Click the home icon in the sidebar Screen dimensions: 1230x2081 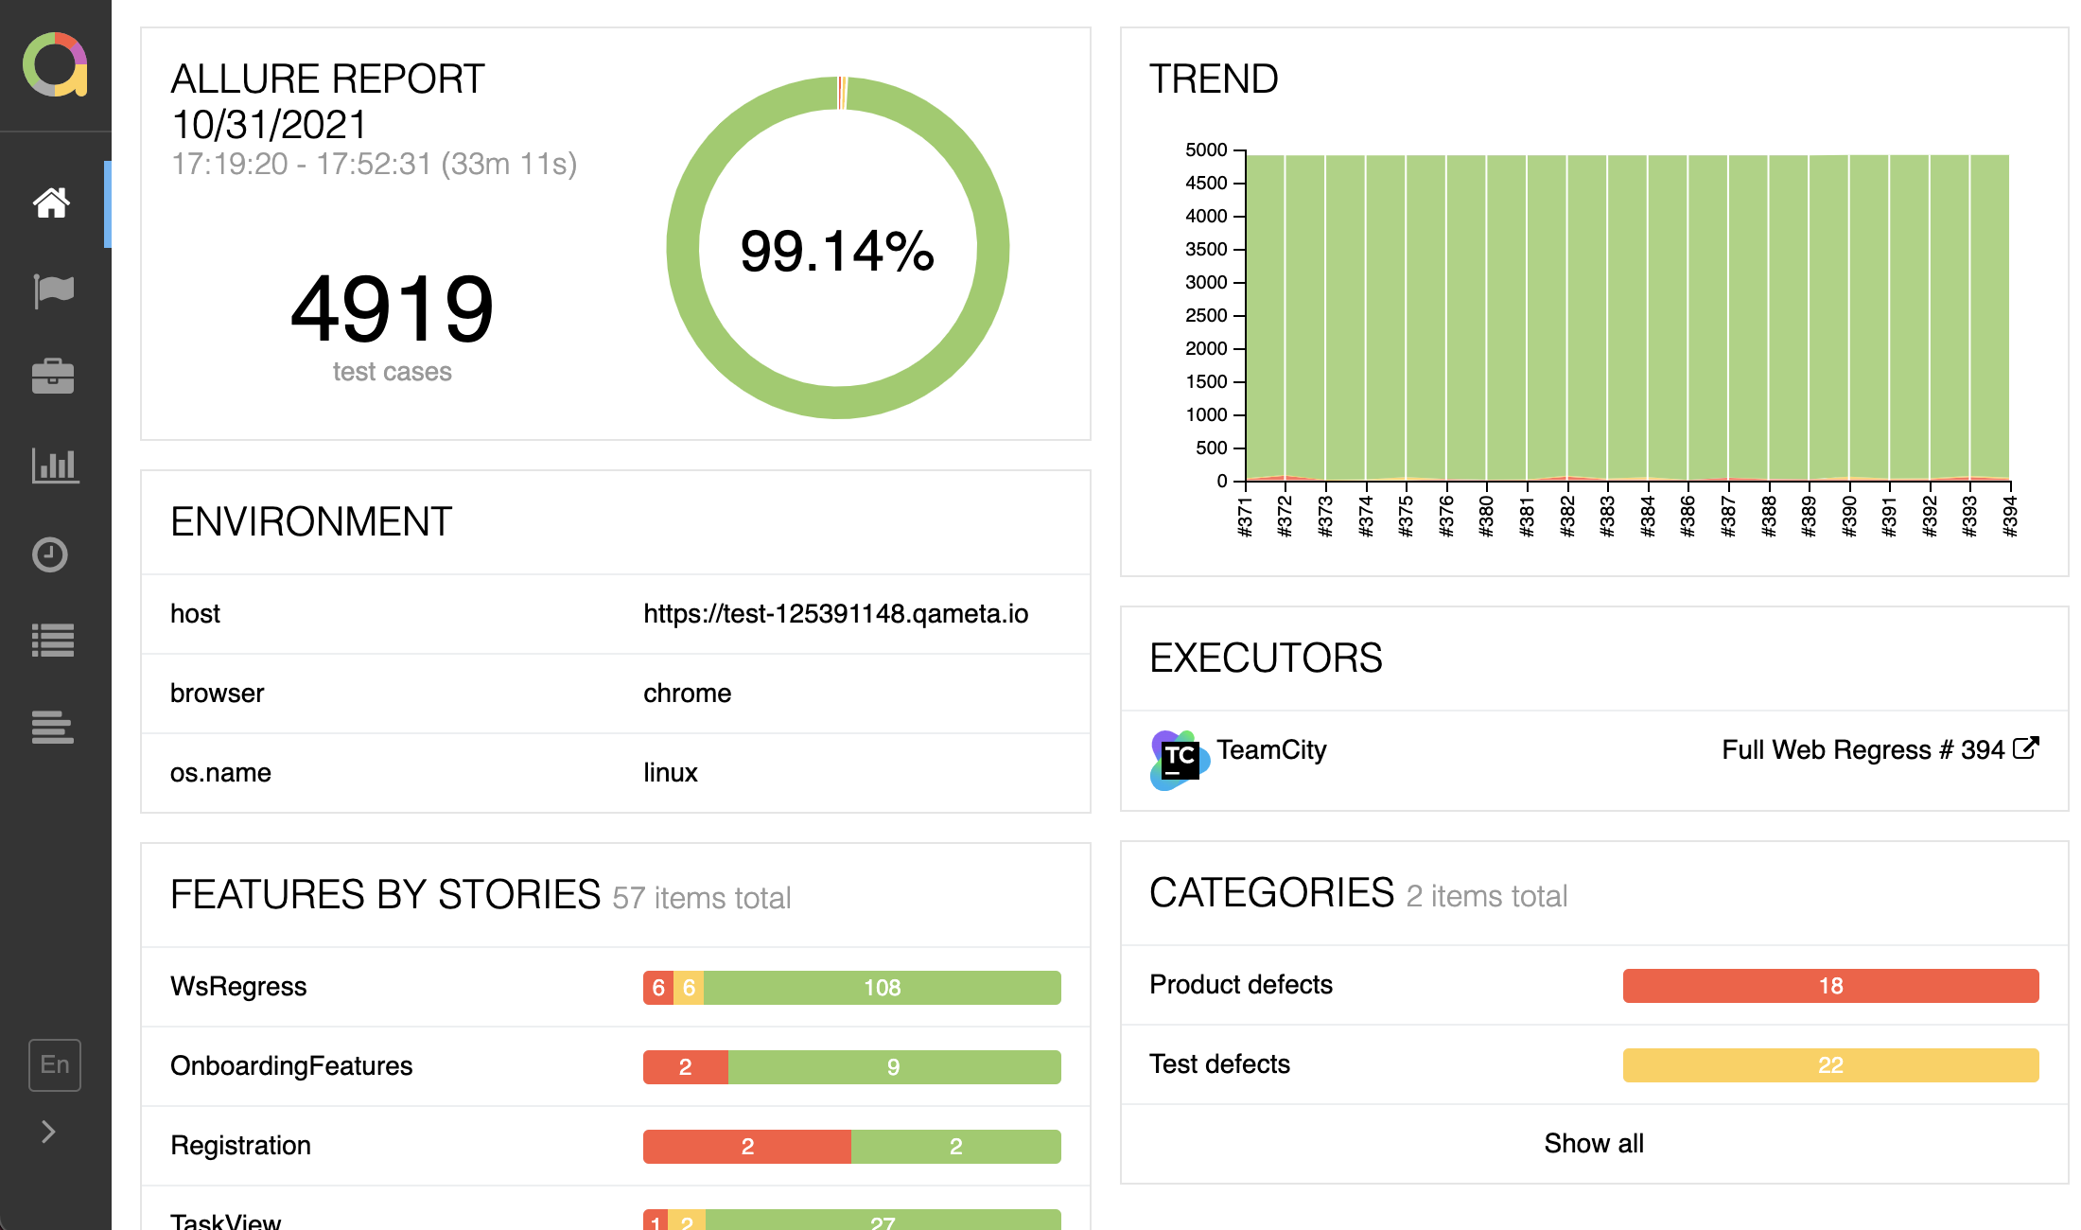pos(52,202)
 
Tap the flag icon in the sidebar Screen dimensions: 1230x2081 pos(53,290)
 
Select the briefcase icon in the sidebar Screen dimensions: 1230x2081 pos(53,377)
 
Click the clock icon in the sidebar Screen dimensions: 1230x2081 pos(50,553)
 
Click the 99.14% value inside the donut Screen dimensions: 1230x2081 pos(837,251)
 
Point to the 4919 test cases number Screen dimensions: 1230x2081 pos(392,309)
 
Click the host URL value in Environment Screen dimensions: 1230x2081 pos(835,614)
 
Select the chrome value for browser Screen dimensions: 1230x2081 pos(687,694)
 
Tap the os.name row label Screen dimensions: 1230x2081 pos(220,773)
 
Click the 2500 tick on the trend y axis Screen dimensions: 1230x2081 pos(1206,316)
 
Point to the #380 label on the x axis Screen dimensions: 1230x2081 pos(1486,517)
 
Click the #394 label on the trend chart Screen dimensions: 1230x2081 pos(2010,517)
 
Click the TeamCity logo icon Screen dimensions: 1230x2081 pos(1179,759)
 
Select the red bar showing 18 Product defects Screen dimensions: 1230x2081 pos(1829,986)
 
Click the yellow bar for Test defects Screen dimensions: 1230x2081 pos(1829,1065)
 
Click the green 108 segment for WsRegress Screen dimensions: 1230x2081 pos(882,988)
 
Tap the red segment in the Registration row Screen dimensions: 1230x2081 pos(746,1147)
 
